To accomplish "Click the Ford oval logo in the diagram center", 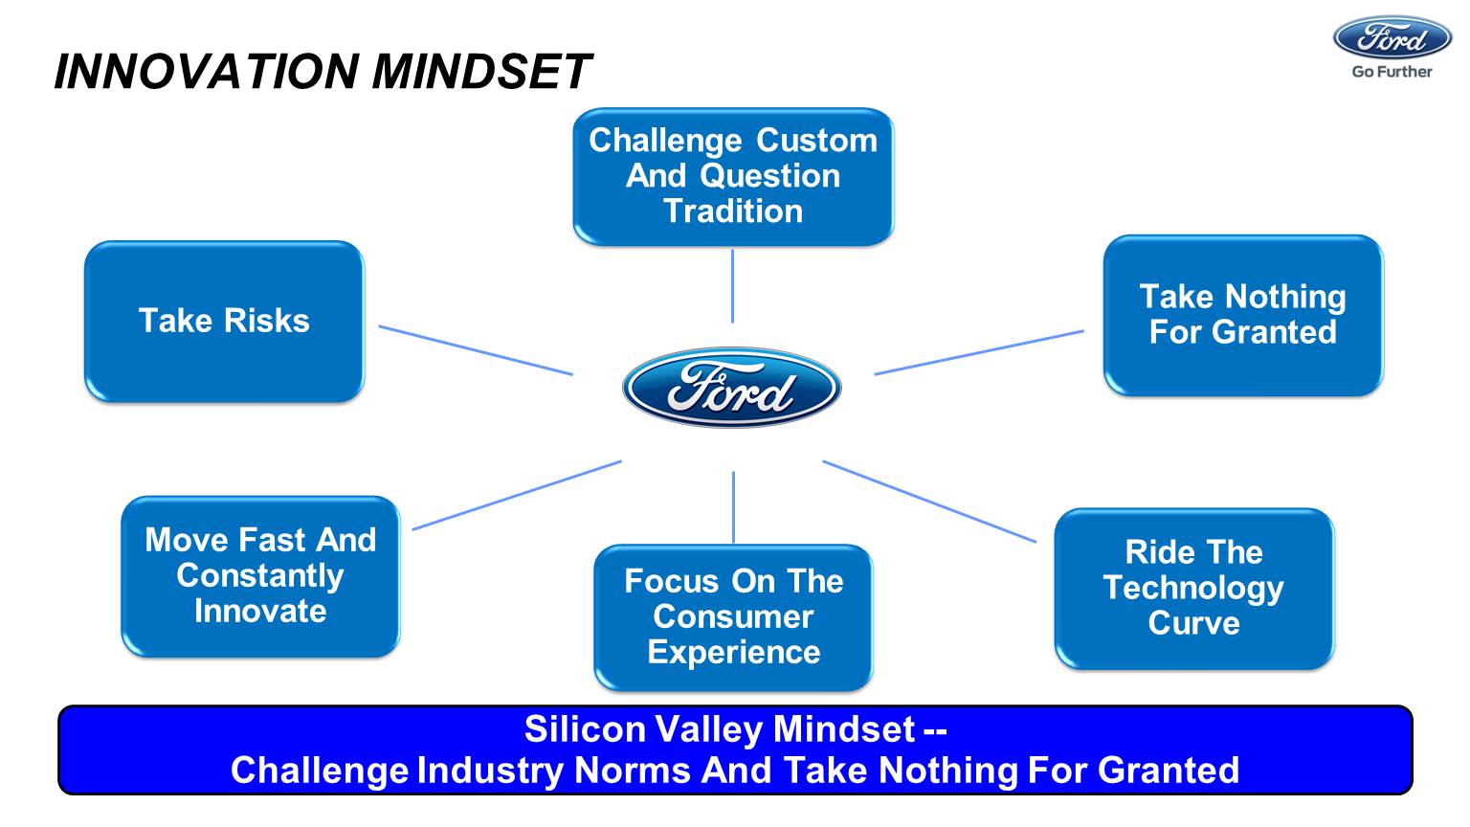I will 732,388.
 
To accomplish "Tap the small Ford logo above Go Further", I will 1392,37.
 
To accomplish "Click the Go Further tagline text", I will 1392,72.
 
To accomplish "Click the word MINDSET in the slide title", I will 481,72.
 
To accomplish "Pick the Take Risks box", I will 224,321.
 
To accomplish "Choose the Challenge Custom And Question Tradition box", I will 733,176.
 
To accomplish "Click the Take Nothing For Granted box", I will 1242,315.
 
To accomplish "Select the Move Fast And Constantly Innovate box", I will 260,575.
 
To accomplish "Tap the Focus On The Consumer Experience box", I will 733,616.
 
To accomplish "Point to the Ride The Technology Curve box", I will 1193,588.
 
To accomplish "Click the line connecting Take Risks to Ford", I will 476,350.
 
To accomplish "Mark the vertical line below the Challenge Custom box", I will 733,285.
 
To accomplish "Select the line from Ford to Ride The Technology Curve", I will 929,502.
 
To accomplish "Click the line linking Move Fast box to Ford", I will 517,495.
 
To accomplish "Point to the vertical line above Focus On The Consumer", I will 734,507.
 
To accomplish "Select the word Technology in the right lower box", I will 1193,588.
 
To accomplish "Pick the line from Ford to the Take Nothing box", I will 979,352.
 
